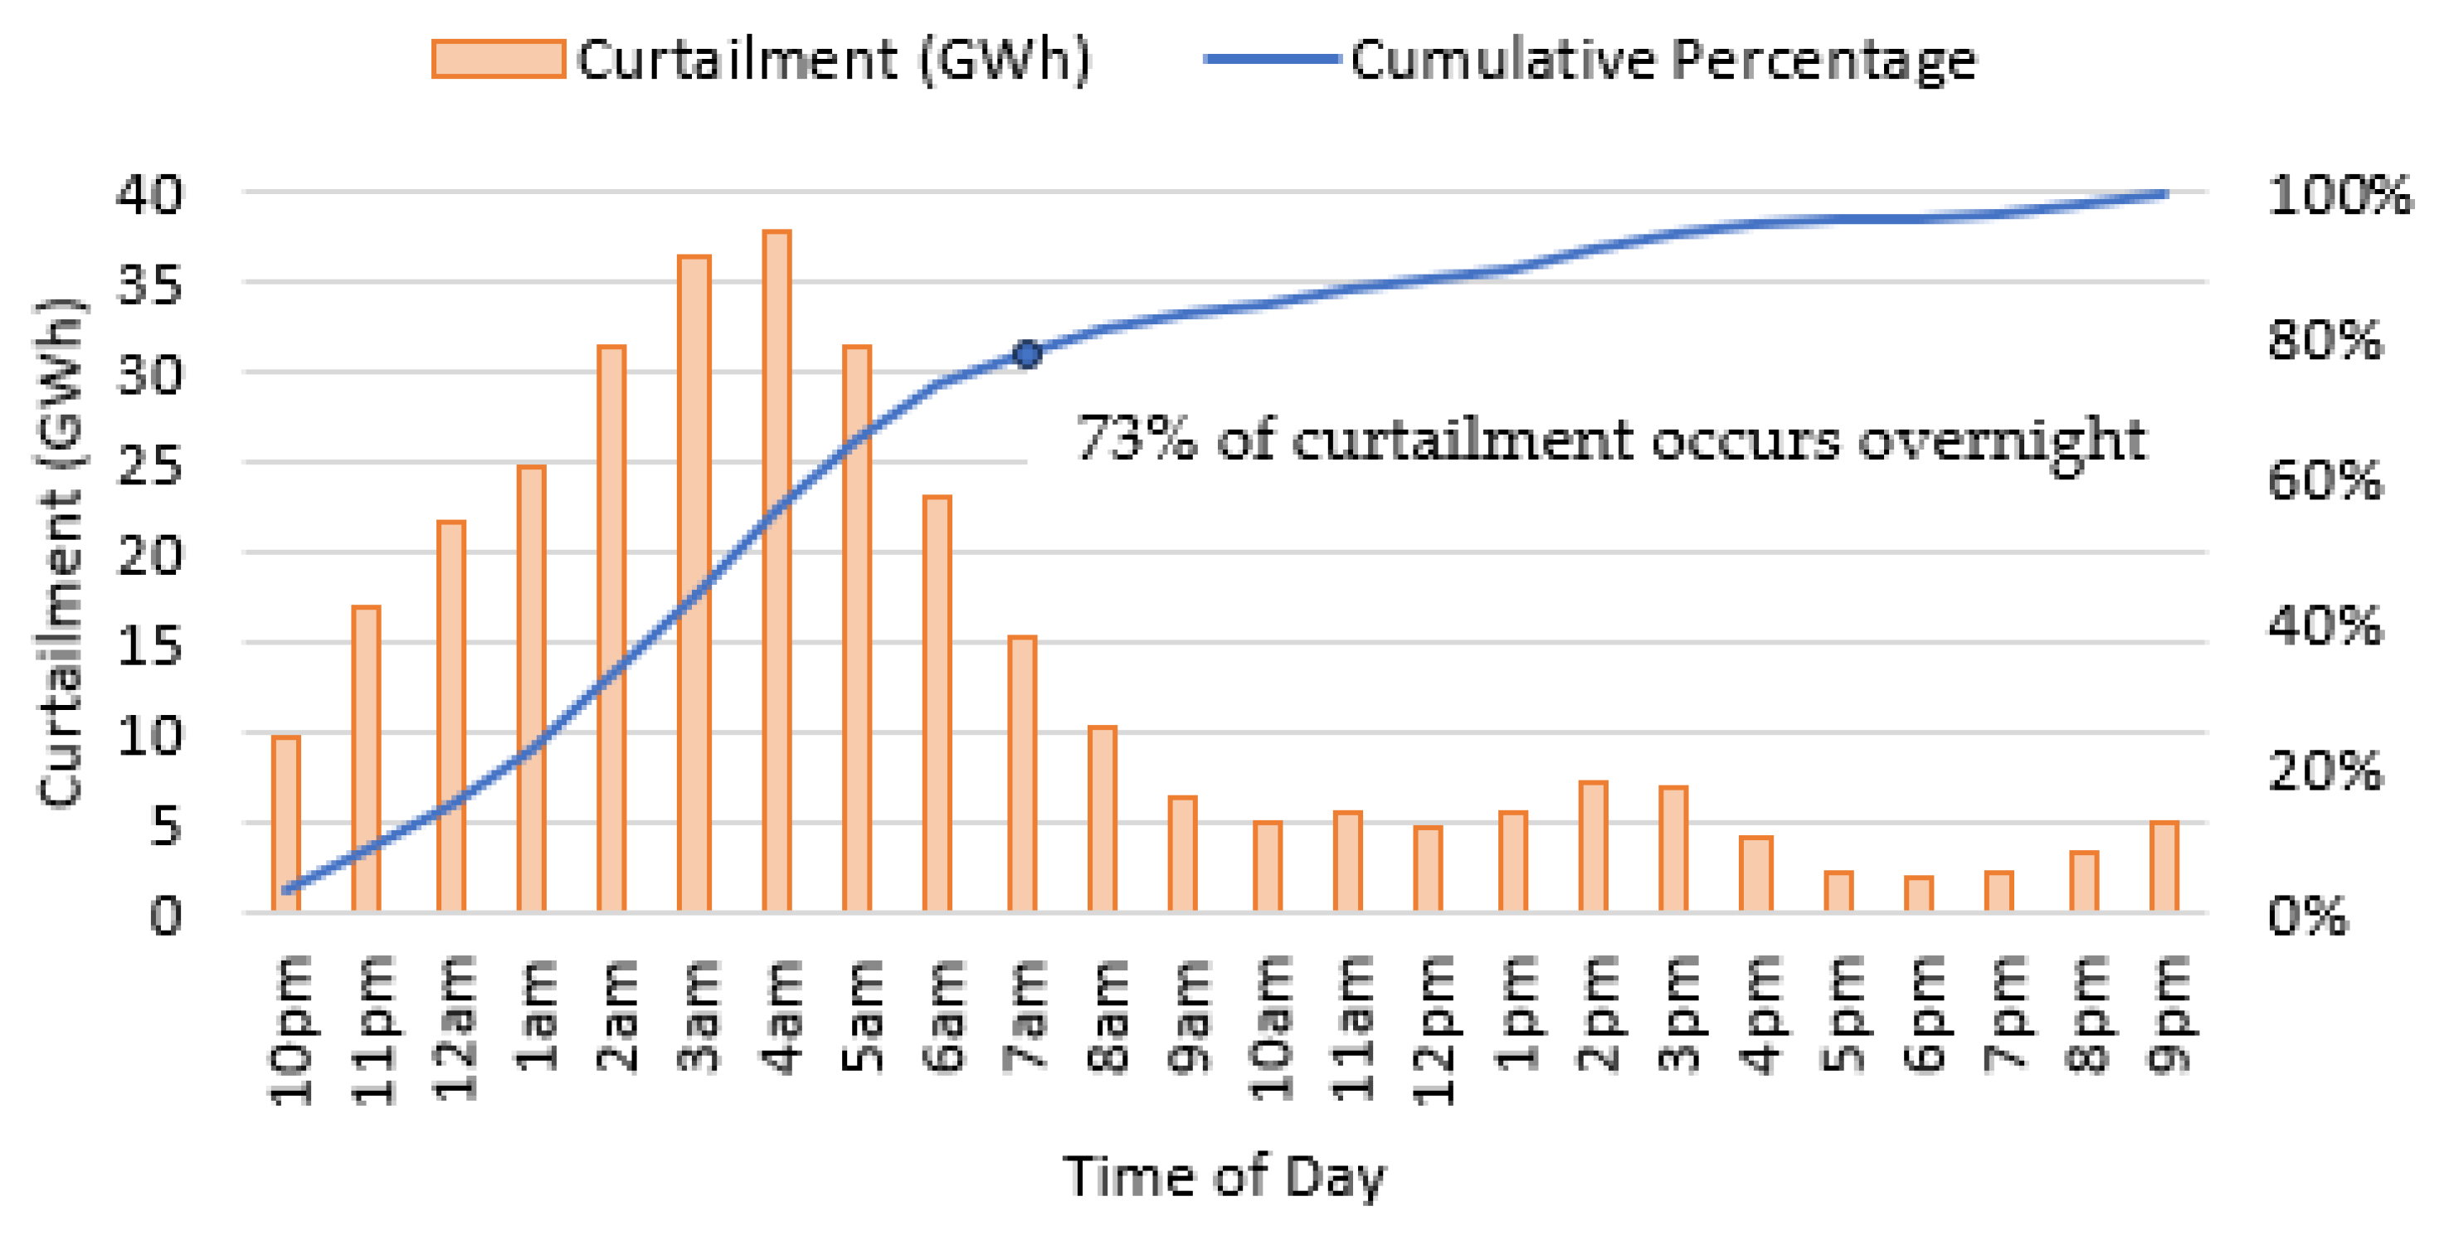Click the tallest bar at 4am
[x=776, y=569]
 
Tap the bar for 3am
[x=694, y=582]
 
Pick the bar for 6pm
[x=1918, y=893]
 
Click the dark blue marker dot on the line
[x=1026, y=354]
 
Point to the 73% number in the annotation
[x=1135, y=440]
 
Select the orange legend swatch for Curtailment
[x=498, y=59]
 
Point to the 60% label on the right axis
[x=2325, y=481]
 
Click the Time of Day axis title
[x=1224, y=1176]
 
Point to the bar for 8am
[x=1103, y=819]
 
